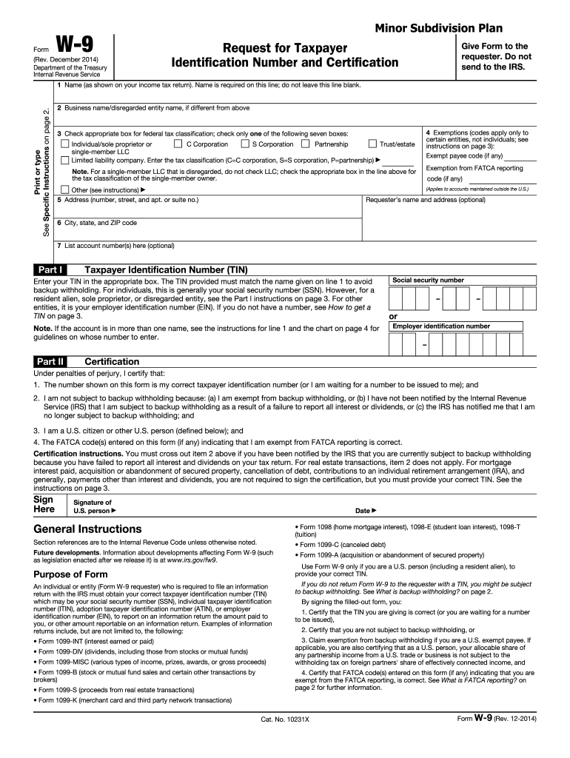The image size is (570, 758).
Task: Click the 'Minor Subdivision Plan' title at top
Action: pos(438,28)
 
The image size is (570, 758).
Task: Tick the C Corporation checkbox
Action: pos(178,144)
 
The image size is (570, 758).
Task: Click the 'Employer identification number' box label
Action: pos(440,326)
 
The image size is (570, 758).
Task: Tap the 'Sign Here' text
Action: pos(45,504)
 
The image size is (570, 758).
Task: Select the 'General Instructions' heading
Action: pos(87,529)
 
